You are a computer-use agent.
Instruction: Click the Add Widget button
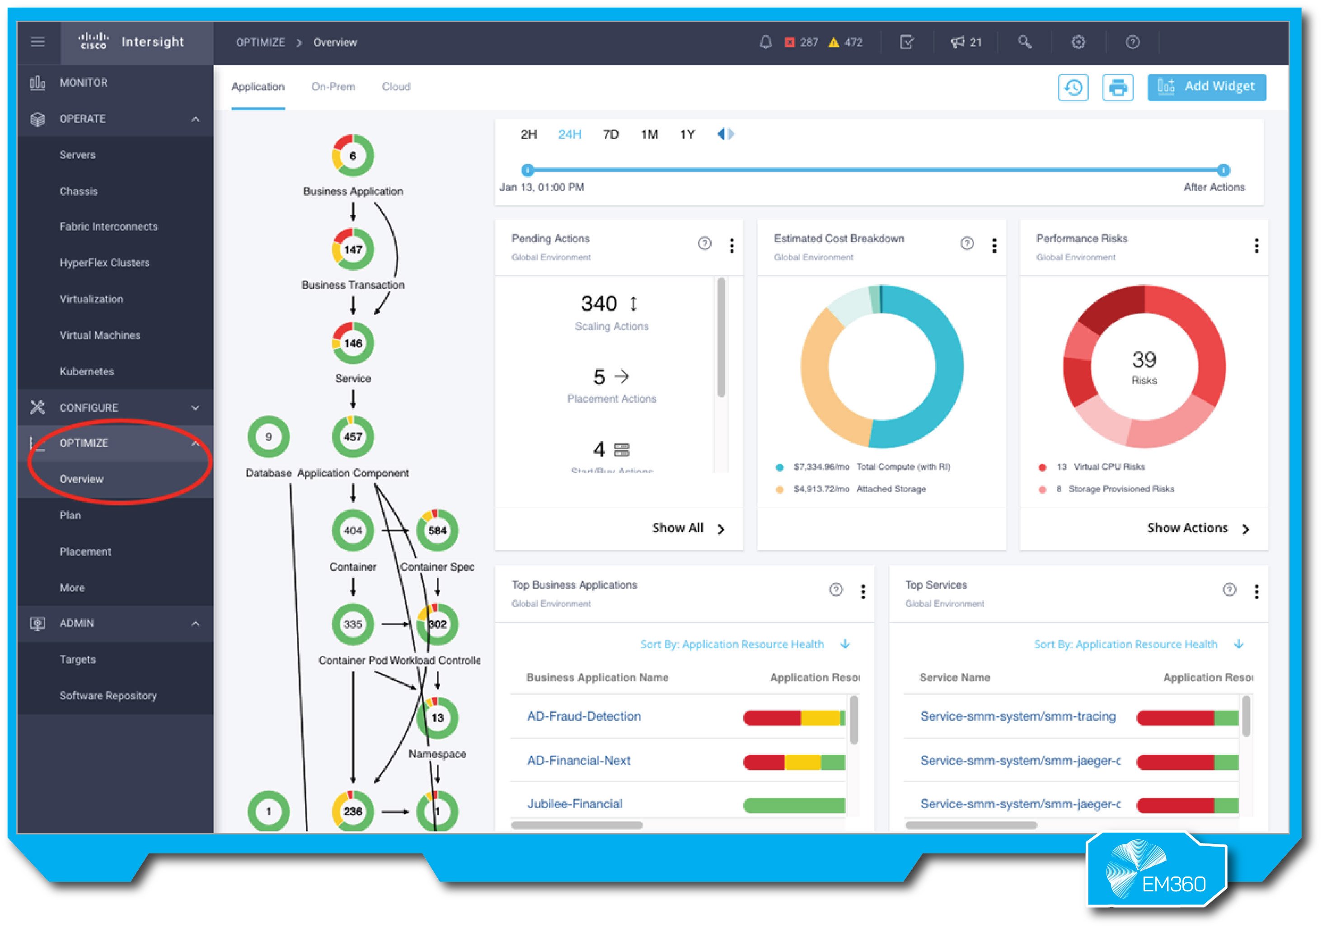(1206, 87)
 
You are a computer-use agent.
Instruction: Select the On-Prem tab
(333, 87)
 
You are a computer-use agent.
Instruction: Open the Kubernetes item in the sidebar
(87, 372)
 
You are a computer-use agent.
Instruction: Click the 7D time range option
(610, 135)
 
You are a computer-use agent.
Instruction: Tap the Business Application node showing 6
(353, 155)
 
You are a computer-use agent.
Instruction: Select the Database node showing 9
(268, 437)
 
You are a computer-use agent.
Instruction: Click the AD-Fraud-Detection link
(584, 716)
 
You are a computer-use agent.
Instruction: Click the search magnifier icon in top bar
(1024, 42)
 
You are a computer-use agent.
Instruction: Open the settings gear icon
(1078, 42)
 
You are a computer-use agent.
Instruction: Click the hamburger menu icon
(38, 42)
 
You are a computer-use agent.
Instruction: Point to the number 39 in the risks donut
(1144, 360)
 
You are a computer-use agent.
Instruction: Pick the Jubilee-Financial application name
(575, 804)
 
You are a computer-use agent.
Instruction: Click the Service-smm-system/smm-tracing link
(1017, 716)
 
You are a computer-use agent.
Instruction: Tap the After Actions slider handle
(1224, 170)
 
